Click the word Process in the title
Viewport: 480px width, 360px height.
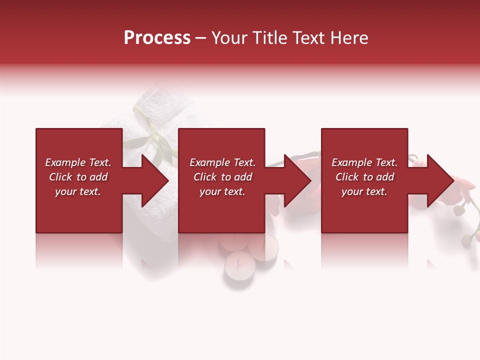pos(157,38)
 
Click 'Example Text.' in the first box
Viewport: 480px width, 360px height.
pos(78,162)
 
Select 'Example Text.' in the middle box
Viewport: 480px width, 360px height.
pos(222,162)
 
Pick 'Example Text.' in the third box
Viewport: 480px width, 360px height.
pos(364,162)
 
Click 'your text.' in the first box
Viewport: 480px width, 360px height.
pos(78,191)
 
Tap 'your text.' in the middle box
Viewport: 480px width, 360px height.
pos(222,191)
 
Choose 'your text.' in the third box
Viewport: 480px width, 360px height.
pos(364,191)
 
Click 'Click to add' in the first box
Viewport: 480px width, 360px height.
pos(78,177)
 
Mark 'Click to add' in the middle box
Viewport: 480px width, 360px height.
pos(222,177)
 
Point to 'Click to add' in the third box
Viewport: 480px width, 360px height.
pos(364,177)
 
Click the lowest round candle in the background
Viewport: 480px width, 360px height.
pos(238,265)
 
